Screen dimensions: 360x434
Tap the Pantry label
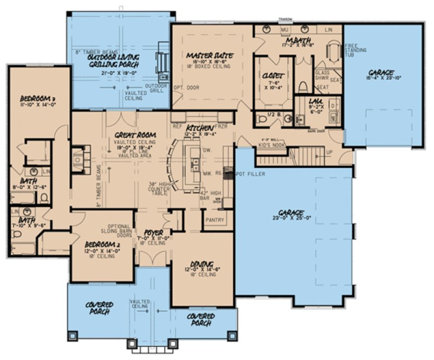(212, 221)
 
